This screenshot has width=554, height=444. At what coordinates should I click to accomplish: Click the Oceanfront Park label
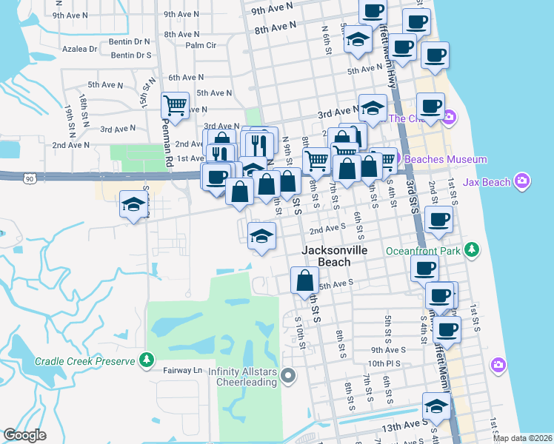point(424,251)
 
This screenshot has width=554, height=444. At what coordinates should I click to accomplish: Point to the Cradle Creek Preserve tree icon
point(147,361)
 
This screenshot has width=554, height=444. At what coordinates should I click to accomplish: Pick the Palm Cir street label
point(201,45)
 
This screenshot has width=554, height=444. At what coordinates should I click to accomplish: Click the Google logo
point(24,435)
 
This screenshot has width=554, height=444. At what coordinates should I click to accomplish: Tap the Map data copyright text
point(521,438)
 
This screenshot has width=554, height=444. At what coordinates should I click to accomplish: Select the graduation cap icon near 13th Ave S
point(436,406)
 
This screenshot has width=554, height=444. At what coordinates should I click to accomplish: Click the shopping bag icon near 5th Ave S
point(304,281)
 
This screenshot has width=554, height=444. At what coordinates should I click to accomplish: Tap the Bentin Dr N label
point(130,42)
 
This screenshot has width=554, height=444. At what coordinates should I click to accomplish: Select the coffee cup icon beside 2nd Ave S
point(439,220)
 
